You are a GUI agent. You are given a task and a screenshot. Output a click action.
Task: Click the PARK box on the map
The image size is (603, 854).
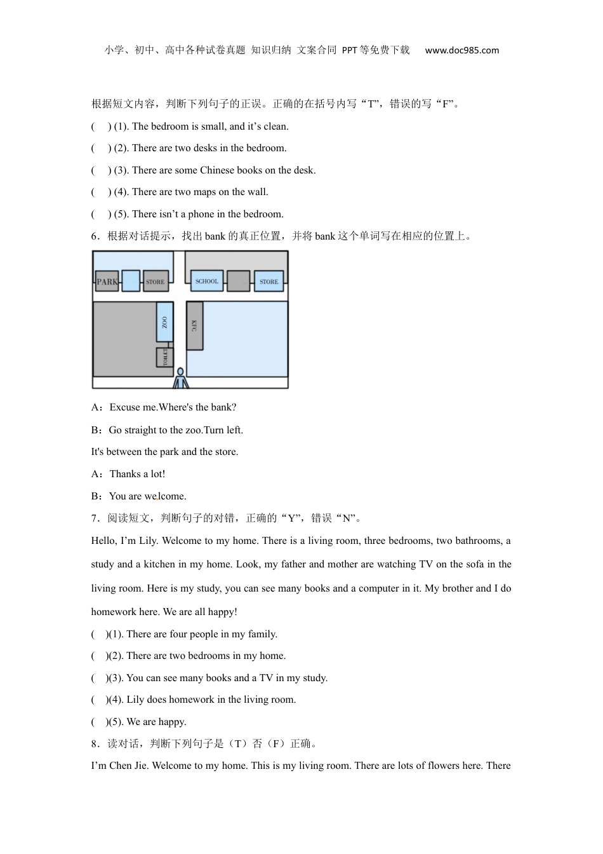pyautogui.click(x=107, y=281)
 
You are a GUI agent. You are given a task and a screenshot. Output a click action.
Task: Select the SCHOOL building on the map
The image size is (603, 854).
pyautogui.click(x=207, y=281)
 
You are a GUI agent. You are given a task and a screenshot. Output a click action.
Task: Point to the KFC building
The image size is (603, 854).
pyautogui.click(x=194, y=325)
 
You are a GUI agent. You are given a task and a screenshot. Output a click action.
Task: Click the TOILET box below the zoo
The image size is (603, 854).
pyautogui.click(x=164, y=356)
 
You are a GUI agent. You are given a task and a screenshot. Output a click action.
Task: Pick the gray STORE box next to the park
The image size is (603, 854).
pyautogui.click(x=155, y=281)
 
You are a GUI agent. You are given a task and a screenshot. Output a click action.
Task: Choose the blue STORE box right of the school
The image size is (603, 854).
pyautogui.click(x=268, y=281)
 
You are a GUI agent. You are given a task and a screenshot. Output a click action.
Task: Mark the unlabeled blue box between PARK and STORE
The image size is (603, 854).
pyautogui.click(x=131, y=281)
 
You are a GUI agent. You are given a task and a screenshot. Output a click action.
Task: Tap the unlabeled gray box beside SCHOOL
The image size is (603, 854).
pyautogui.click(x=238, y=281)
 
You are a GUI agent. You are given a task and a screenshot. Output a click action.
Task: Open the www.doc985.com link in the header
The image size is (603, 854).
pyautogui.click(x=461, y=50)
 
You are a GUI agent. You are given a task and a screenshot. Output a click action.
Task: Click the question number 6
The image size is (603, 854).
pyautogui.click(x=95, y=236)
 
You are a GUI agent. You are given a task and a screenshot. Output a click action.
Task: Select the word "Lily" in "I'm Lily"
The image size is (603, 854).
pyautogui.click(x=147, y=541)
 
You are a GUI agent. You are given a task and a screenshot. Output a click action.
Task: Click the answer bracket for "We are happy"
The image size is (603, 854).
pyautogui.click(x=98, y=722)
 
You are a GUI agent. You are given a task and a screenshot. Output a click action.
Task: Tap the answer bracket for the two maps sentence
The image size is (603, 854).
pyautogui.click(x=100, y=192)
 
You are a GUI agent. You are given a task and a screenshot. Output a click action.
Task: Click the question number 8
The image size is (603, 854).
pyautogui.click(x=95, y=744)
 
